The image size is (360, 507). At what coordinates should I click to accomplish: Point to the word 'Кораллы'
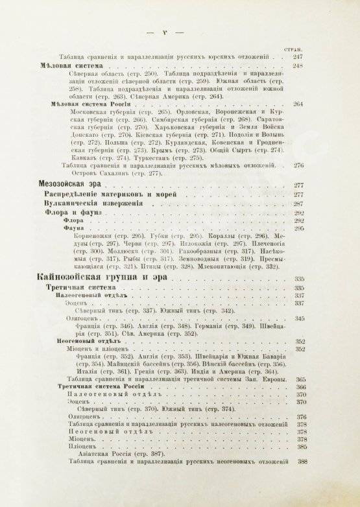pyautogui.click(x=221, y=237)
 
